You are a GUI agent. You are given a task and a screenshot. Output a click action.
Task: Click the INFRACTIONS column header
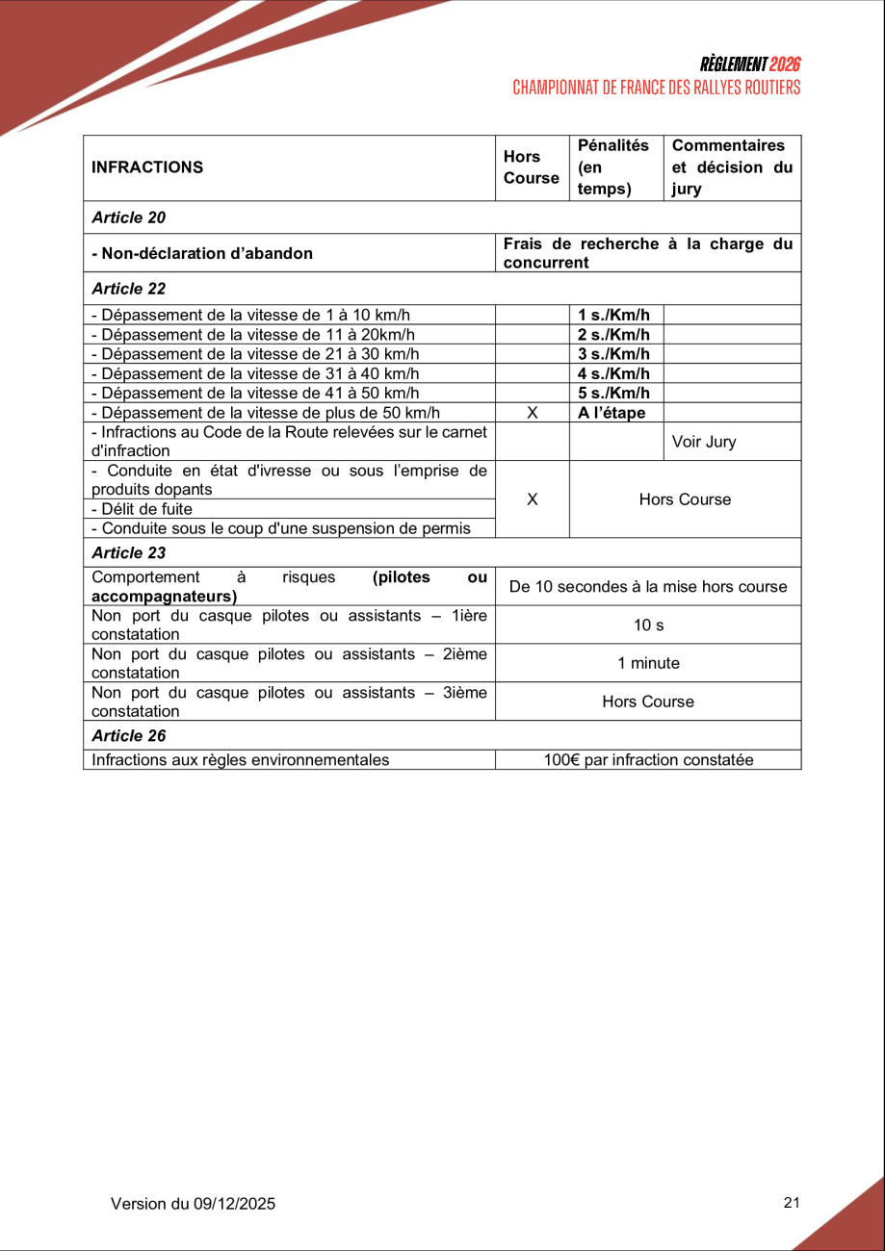coord(147,167)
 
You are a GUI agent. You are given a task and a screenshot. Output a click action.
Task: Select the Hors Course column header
coord(531,167)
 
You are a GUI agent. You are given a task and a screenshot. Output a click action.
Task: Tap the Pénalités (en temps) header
coord(613,167)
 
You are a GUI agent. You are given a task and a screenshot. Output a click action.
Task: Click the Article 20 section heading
coord(129,217)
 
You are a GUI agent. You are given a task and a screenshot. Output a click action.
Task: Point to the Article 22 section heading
coord(129,289)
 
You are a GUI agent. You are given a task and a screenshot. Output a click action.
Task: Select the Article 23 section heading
coord(129,553)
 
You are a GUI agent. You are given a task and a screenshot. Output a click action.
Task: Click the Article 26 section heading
coord(129,736)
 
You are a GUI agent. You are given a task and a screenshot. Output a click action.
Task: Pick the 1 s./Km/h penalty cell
coord(614,316)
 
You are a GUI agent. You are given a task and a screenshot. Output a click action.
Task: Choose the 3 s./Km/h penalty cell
coord(614,354)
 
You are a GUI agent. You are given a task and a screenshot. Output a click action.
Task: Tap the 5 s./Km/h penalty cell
coord(614,393)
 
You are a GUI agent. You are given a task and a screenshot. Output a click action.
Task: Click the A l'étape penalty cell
coord(612,413)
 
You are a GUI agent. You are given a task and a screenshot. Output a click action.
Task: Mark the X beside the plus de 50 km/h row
coord(532,413)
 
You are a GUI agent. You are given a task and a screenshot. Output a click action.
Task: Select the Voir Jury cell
coord(704,443)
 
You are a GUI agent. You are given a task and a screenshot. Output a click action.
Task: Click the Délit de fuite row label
coord(142,509)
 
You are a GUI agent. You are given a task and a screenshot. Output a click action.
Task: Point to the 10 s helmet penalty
coord(648,625)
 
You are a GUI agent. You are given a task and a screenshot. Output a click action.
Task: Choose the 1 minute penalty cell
coord(648,664)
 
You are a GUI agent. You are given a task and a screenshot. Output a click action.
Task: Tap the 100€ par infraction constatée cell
coord(648,760)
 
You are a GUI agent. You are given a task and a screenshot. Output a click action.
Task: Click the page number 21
coord(793,1202)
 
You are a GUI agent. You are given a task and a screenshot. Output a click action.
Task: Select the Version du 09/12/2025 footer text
coord(193,1204)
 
